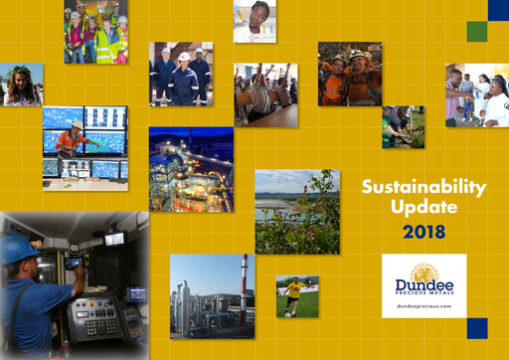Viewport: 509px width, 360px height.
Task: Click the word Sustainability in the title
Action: click(424, 186)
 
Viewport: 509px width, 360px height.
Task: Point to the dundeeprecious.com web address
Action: click(424, 307)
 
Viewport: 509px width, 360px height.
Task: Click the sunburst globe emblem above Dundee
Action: click(424, 269)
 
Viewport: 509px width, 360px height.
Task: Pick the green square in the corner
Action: click(477, 31)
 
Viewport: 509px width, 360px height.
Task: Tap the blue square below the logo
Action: click(477, 328)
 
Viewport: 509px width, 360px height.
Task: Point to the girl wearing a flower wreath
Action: click(21, 84)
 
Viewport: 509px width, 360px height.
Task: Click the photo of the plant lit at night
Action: click(191, 169)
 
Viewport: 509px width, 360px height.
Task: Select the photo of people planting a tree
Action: click(403, 126)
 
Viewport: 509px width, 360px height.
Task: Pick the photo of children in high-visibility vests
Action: click(95, 32)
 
